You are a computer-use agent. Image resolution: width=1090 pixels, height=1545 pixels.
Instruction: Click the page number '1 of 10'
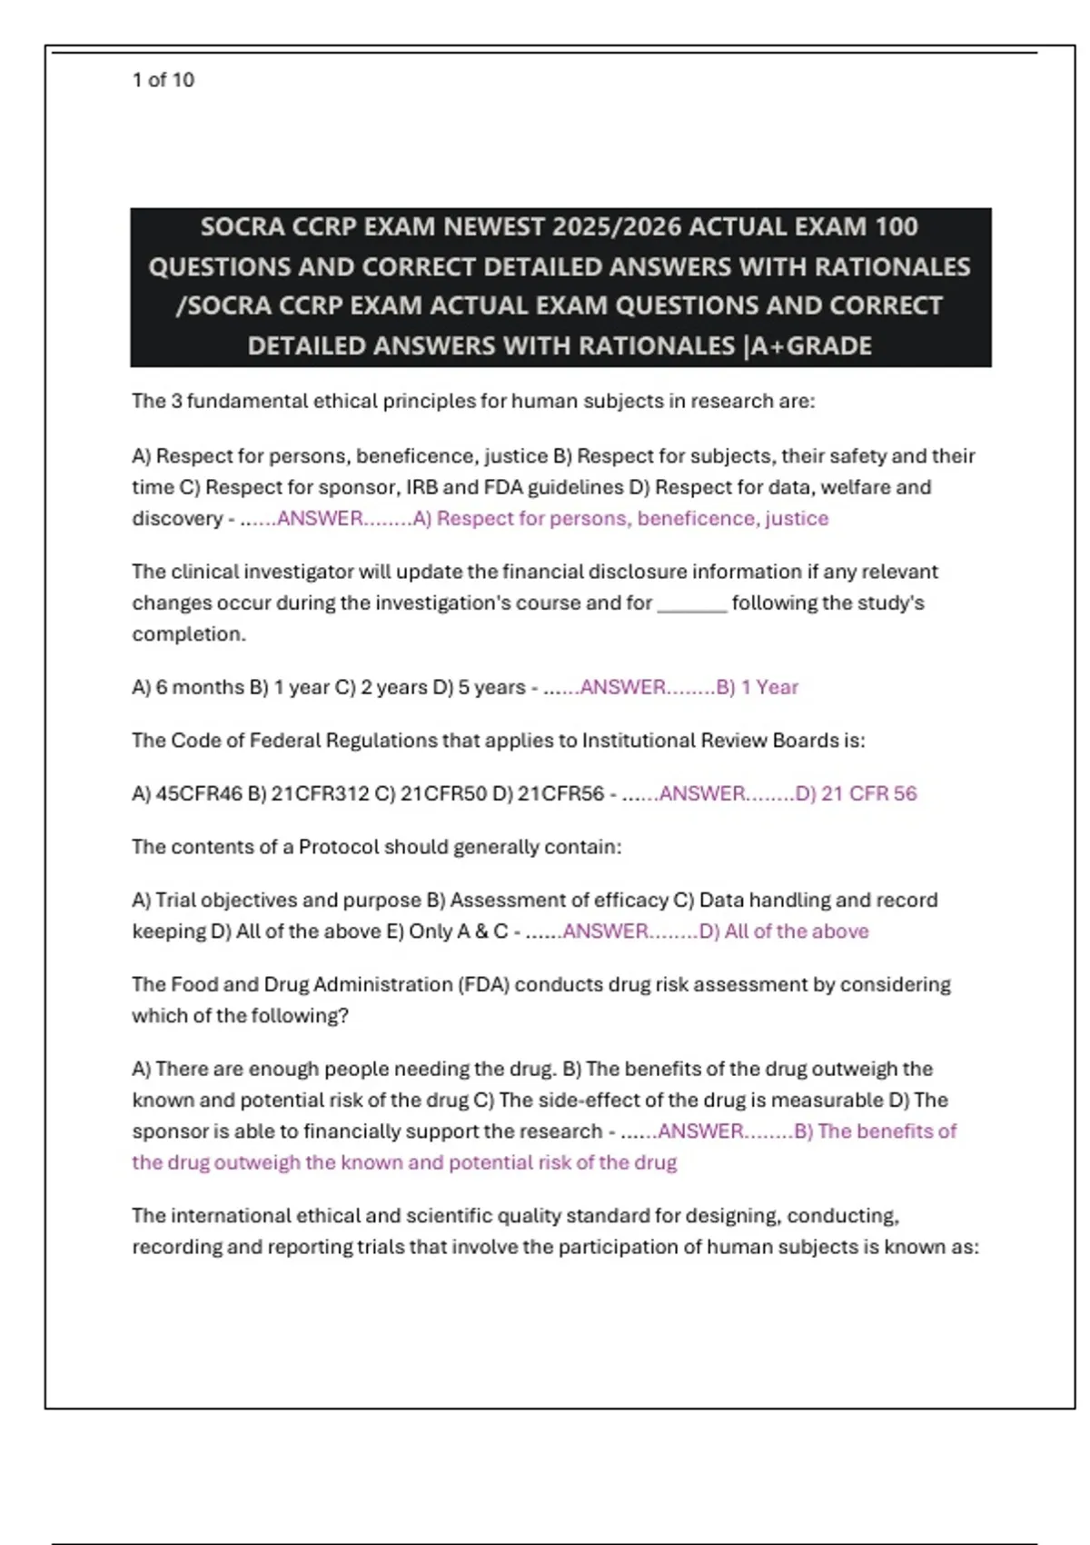[163, 80]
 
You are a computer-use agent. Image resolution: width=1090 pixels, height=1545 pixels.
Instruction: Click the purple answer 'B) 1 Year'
[758, 687]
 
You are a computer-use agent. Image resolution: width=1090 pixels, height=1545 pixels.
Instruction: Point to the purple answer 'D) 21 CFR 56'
[857, 793]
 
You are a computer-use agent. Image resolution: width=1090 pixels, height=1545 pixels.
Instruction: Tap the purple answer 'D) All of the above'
[784, 932]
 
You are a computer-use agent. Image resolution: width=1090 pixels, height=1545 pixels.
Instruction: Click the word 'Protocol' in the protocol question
[338, 847]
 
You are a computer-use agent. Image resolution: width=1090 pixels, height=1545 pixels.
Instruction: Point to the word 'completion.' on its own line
[189, 634]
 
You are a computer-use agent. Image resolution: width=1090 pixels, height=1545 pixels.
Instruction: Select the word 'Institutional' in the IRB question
[639, 741]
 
